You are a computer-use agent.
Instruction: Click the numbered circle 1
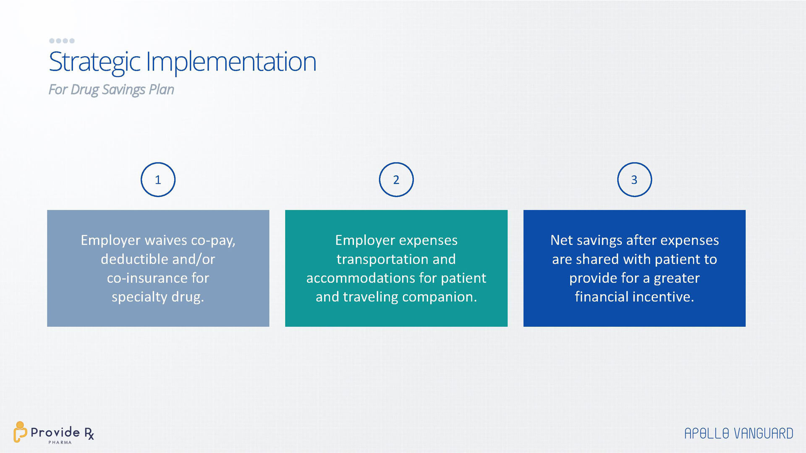pos(158,163)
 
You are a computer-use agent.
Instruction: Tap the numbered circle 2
pos(396,163)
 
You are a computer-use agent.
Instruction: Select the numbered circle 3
pos(634,163)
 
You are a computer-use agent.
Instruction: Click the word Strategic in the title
pos(94,62)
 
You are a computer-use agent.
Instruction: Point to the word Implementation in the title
pos(231,62)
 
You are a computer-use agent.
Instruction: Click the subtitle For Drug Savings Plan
pos(111,90)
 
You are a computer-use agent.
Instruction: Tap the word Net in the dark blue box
pos(562,240)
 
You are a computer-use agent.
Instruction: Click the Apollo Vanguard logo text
pos(739,434)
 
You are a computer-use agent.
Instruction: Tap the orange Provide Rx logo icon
pos(19,432)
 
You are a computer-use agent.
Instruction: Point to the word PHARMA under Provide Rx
pos(60,443)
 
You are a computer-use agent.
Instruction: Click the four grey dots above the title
pos(62,41)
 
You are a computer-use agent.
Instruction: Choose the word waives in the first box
pos(165,240)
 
